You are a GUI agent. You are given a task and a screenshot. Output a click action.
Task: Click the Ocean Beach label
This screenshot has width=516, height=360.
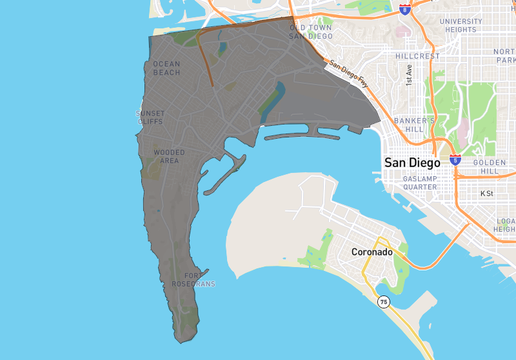166,68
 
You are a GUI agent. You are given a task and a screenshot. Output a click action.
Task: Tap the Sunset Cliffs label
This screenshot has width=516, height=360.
150,117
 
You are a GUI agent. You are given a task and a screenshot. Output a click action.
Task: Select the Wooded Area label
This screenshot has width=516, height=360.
169,157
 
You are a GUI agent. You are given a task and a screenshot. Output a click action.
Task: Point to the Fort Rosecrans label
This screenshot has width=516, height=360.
193,280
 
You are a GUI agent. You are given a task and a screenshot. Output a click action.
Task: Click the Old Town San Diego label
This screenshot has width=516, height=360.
311,32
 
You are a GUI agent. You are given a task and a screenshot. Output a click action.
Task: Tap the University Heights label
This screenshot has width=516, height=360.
461,25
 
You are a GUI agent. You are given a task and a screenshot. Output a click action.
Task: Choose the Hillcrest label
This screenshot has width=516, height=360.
417,56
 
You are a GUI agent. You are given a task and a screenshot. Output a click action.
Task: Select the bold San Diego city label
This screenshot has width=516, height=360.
412,163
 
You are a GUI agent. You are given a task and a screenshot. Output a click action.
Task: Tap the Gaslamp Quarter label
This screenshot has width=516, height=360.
421,183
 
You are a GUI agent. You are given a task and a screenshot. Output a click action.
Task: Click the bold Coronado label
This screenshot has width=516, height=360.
372,252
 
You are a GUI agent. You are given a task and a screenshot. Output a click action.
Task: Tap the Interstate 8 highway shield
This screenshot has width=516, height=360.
404,10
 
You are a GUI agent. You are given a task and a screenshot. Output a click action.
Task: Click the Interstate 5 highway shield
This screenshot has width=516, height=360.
455,159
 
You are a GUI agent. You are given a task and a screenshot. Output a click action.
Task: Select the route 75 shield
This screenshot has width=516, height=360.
384,302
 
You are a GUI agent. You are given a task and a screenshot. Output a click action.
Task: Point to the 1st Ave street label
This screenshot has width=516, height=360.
409,75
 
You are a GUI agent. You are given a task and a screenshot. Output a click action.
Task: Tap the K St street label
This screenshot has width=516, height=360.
486,193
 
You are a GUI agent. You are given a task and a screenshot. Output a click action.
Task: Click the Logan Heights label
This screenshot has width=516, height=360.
506,225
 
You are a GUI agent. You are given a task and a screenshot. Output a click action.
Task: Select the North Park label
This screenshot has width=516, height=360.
504,55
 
